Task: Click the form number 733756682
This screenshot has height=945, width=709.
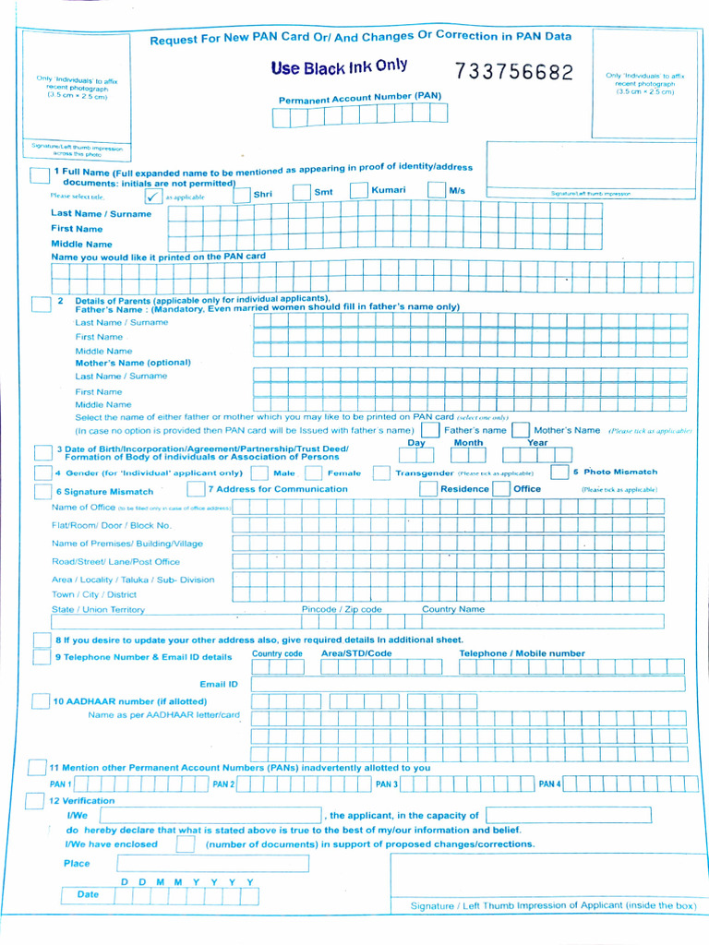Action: click(x=514, y=72)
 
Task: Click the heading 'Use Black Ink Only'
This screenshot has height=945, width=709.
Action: click(x=339, y=66)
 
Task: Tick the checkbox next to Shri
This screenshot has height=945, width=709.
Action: click(x=241, y=193)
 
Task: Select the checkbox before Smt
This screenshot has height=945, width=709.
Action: click(x=301, y=192)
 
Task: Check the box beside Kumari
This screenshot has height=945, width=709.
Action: click(x=358, y=190)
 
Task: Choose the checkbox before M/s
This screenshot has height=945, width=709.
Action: click(x=436, y=190)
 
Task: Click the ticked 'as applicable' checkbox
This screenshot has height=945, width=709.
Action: click(x=153, y=196)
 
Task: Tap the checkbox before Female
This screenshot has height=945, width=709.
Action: click(x=311, y=472)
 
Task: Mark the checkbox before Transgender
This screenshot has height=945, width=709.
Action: click(x=380, y=472)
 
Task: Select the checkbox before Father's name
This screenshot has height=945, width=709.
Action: click(x=429, y=430)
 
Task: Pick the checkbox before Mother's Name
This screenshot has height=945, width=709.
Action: click(x=520, y=430)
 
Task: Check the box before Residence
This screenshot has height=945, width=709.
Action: click(x=427, y=489)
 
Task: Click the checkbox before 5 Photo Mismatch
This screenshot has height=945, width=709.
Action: click(x=558, y=472)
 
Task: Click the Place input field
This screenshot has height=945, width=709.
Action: click(x=212, y=864)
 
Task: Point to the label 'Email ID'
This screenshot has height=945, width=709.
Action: click(x=219, y=684)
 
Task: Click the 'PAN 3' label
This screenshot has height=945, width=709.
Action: click(x=386, y=784)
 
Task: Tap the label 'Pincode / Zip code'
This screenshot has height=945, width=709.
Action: click(x=342, y=609)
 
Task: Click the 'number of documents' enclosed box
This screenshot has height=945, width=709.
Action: click(x=185, y=844)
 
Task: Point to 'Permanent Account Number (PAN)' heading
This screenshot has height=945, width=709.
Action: click(x=359, y=96)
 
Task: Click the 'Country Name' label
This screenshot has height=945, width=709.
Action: click(x=452, y=609)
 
